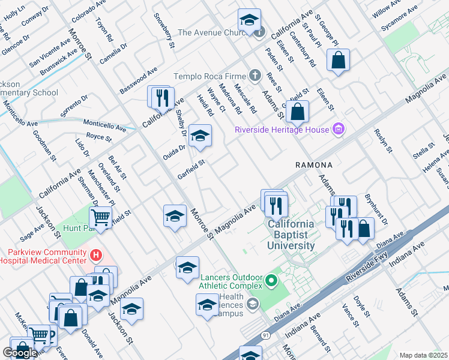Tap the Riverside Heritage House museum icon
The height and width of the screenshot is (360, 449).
pos(338,129)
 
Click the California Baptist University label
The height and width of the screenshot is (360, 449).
pos(291,234)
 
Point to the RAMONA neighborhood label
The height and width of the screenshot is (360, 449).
pos(313,164)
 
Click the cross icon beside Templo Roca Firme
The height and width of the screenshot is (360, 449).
pos(256,76)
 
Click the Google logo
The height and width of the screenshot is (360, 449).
pos(20,352)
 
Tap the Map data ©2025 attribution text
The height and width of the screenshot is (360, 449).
pos(423,355)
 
